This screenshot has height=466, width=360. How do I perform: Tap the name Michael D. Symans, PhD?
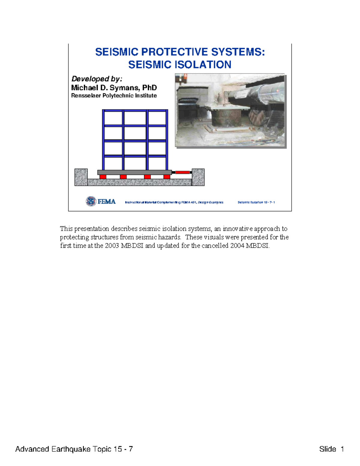point(114,88)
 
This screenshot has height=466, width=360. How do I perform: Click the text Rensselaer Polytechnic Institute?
point(114,95)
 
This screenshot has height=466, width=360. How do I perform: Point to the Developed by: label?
point(97,79)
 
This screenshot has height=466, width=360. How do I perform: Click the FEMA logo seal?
point(91,201)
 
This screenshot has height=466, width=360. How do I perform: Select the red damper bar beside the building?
point(182,172)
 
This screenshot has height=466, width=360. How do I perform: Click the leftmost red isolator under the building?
point(103,177)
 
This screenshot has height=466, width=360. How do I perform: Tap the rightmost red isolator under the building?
point(167,177)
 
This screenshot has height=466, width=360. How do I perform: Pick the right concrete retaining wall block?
point(198,177)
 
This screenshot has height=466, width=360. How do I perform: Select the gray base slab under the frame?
point(134,172)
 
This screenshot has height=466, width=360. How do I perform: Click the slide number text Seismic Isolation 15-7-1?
point(256,202)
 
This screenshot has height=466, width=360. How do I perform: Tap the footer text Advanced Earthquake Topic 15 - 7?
point(74,449)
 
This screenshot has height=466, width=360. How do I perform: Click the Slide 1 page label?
point(331,449)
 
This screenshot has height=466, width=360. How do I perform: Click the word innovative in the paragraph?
point(237,229)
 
